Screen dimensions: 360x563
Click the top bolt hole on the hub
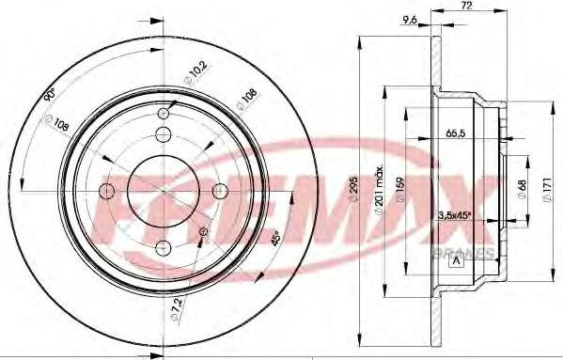[164, 133]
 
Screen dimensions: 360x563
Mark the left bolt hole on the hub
[106, 191]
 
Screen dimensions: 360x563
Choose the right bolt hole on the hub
[221, 191]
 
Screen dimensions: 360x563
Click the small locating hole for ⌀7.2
[204, 231]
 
